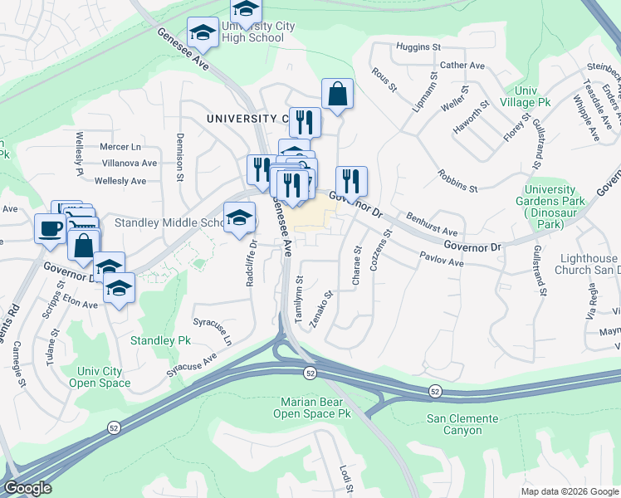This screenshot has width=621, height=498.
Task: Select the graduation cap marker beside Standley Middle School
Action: tap(240, 218)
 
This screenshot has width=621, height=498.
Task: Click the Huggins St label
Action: tap(418, 46)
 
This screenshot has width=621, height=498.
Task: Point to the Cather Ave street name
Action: tap(462, 66)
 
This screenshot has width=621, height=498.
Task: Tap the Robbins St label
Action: tap(457, 183)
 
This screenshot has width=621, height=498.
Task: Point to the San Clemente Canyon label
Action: tap(462, 424)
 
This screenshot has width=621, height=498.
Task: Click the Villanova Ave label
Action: tap(127, 164)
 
